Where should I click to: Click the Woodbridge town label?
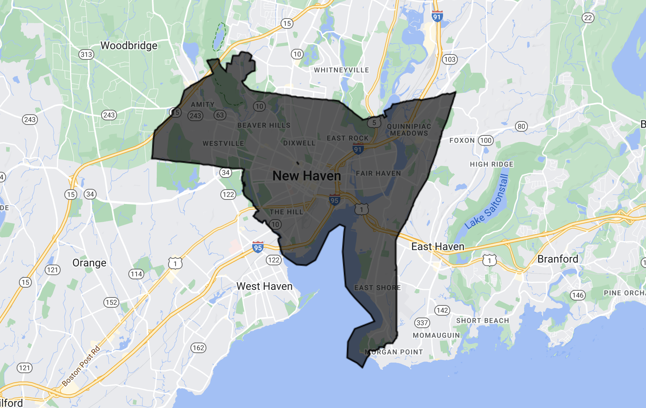click(x=129, y=46)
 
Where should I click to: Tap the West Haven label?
click(x=264, y=286)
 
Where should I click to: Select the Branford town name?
click(x=557, y=259)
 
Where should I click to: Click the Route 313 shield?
click(x=86, y=55)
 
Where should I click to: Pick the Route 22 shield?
click(x=588, y=18)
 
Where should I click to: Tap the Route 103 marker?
click(x=449, y=59)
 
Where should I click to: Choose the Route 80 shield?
click(x=521, y=126)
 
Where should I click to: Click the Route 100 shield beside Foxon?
click(x=486, y=141)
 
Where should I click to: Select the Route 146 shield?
click(x=578, y=295)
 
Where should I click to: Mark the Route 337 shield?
click(x=422, y=323)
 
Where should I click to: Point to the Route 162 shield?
click(x=198, y=348)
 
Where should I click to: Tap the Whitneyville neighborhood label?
click(x=341, y=70)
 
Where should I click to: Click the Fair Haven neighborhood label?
click(x=378, y=173)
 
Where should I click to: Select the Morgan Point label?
click(x=394, y=352)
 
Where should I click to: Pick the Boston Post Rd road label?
click(x=81, y=366)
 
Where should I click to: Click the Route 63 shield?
click(x=220, y=115)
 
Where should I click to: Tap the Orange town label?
click(x=89, y=263)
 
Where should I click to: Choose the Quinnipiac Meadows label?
click(x=409, y=130)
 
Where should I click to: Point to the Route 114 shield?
click(x=136, y=274)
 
